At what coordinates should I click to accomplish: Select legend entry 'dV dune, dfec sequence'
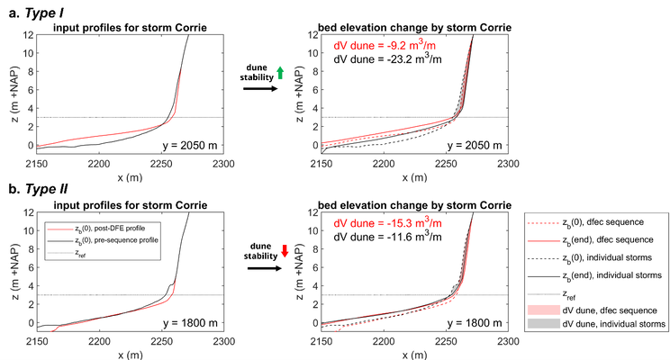tap(610, 308)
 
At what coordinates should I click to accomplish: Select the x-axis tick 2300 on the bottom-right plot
tap(510, 340)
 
